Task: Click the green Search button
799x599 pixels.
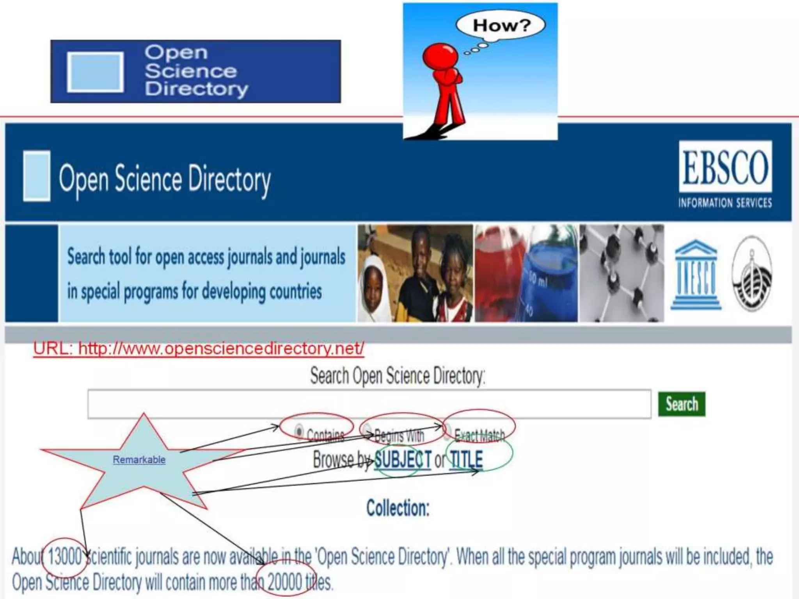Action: coord(681,404)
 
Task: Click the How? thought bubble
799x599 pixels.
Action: coord(501,26)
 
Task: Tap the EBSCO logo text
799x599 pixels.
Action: coord(725,168)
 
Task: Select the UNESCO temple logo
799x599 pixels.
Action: coord(696,275)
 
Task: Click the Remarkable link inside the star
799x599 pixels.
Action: coord(139,460)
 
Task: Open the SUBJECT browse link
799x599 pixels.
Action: coord(403,460)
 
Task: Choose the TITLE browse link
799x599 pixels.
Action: coord(466,459)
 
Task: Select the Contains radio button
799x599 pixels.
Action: coord(299,432)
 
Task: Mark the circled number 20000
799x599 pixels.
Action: coord(285,582)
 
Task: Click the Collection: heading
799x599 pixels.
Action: coord(398,508)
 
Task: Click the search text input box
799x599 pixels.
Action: coord(369,404)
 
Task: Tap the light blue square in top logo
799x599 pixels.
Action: coord(95,72)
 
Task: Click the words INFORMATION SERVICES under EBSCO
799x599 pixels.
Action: coord(724,203)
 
